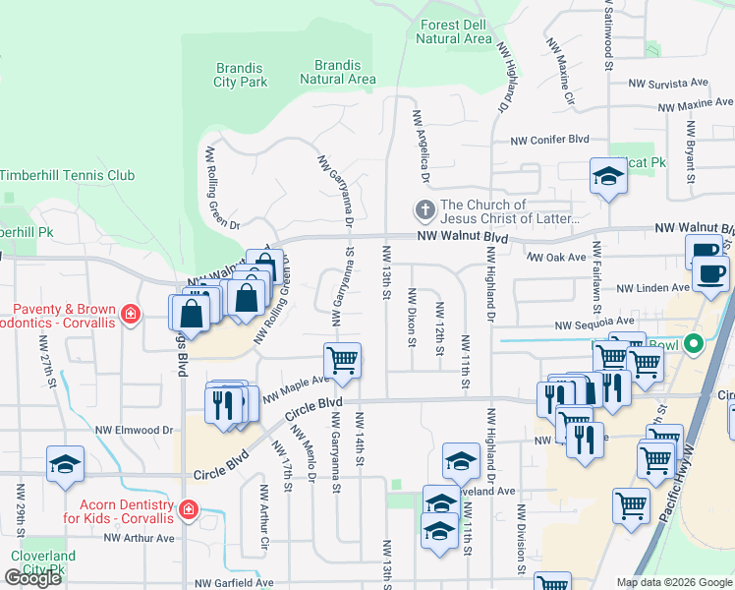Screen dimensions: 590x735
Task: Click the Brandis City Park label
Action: pos(241,75)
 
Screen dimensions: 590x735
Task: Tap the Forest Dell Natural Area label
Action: pos(454,31)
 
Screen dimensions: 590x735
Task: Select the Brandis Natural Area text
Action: pos(337,72)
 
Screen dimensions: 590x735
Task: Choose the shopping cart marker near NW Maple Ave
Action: pos(342,360)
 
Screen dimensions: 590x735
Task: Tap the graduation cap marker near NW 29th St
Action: pos(65,464)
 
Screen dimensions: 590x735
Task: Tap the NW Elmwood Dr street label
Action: pos(134,430)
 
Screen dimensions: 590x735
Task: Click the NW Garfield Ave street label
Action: pos(234,582)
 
